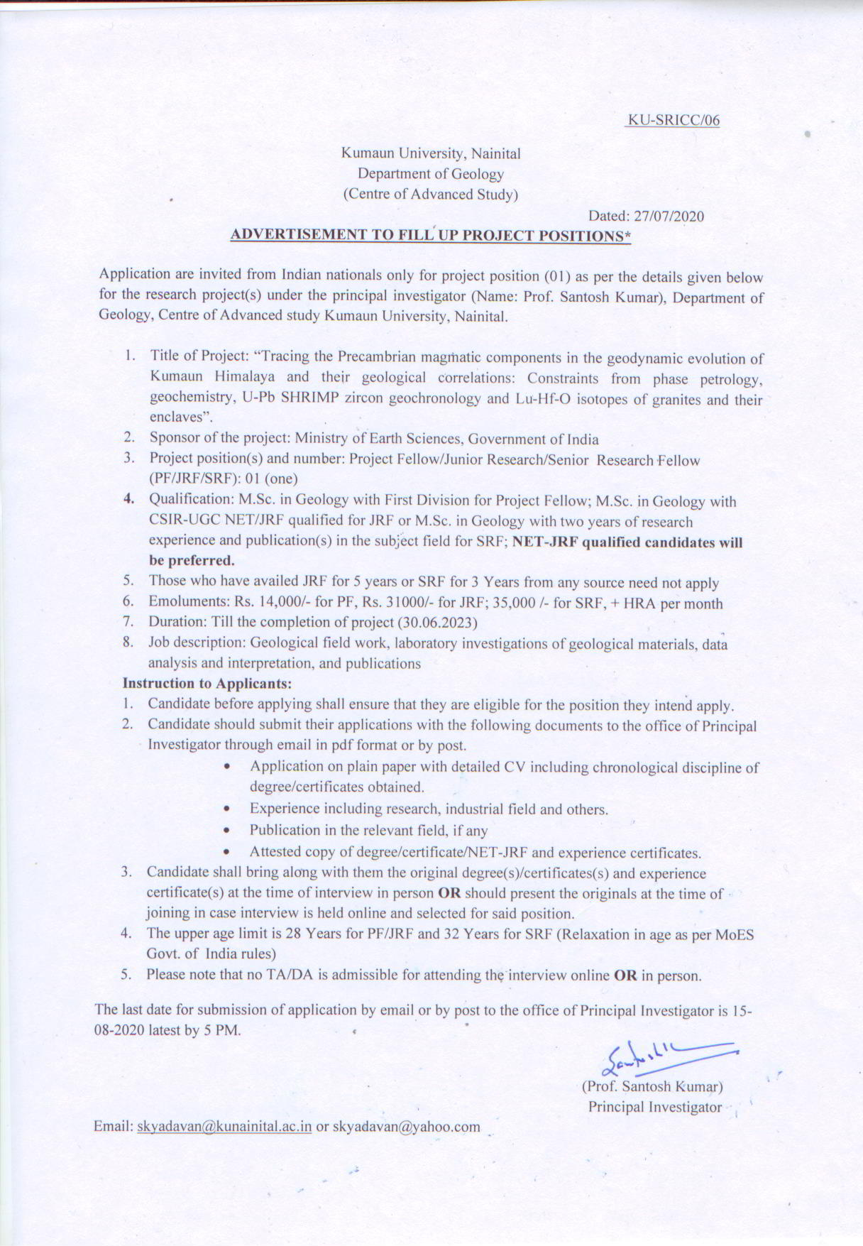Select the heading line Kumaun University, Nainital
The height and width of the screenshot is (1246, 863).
tap(431, 153)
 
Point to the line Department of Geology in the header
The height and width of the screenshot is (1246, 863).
tap(431, 174)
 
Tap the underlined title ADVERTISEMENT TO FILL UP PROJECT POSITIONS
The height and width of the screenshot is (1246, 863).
tap(431, 236)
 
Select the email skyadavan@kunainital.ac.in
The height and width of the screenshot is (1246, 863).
tap(224, 1127)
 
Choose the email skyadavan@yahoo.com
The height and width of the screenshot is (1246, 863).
tap(406, 1127)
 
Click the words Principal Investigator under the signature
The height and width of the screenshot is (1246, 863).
tap(654, 1107)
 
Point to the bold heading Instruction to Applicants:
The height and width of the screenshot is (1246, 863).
tap(207, 684)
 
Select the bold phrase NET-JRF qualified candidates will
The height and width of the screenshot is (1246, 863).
tap(627, 542)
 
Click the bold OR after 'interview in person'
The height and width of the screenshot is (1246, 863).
tap(450, 893)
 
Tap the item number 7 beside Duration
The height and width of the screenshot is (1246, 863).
tap(128, 623)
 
